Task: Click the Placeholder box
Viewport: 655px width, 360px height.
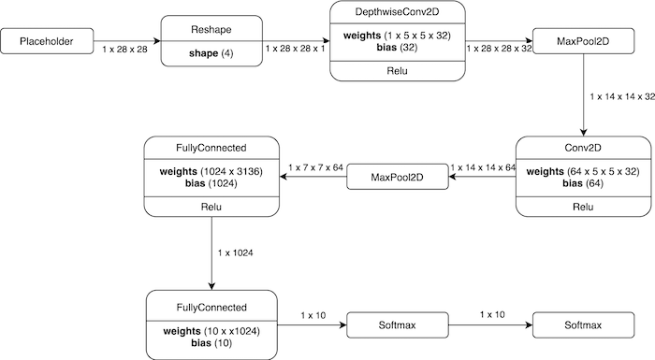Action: [47, 40]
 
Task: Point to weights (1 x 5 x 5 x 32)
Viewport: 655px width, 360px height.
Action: [397, 35]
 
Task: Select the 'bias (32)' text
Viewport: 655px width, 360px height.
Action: [397, 47]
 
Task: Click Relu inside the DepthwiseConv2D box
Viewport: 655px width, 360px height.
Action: [397, 70]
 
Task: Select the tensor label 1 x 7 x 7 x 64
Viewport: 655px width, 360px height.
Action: [316, 167]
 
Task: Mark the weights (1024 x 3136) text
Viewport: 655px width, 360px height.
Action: [211, 172]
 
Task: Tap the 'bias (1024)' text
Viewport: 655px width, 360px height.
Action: [211, 184]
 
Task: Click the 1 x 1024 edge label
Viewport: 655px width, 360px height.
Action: [234, 253]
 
